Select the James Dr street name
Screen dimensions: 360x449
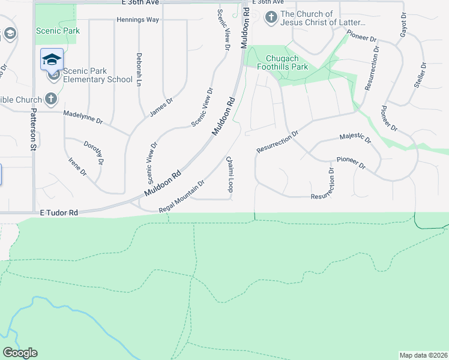click(160, 107)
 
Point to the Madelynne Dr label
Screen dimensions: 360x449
click(83, 117)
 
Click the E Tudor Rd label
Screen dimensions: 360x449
click(59, 213)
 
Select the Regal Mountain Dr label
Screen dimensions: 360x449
click(182, 196)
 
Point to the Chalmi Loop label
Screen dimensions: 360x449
click(229, 174)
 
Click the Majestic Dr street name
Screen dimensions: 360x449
click(355, 139)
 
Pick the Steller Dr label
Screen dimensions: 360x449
click(420, 75)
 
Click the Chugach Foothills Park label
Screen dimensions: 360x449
click(287, 62)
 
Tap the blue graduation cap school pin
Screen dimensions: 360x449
click(52, 59)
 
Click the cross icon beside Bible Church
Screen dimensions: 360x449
click(52, 99)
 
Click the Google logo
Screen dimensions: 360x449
click(20, 353)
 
